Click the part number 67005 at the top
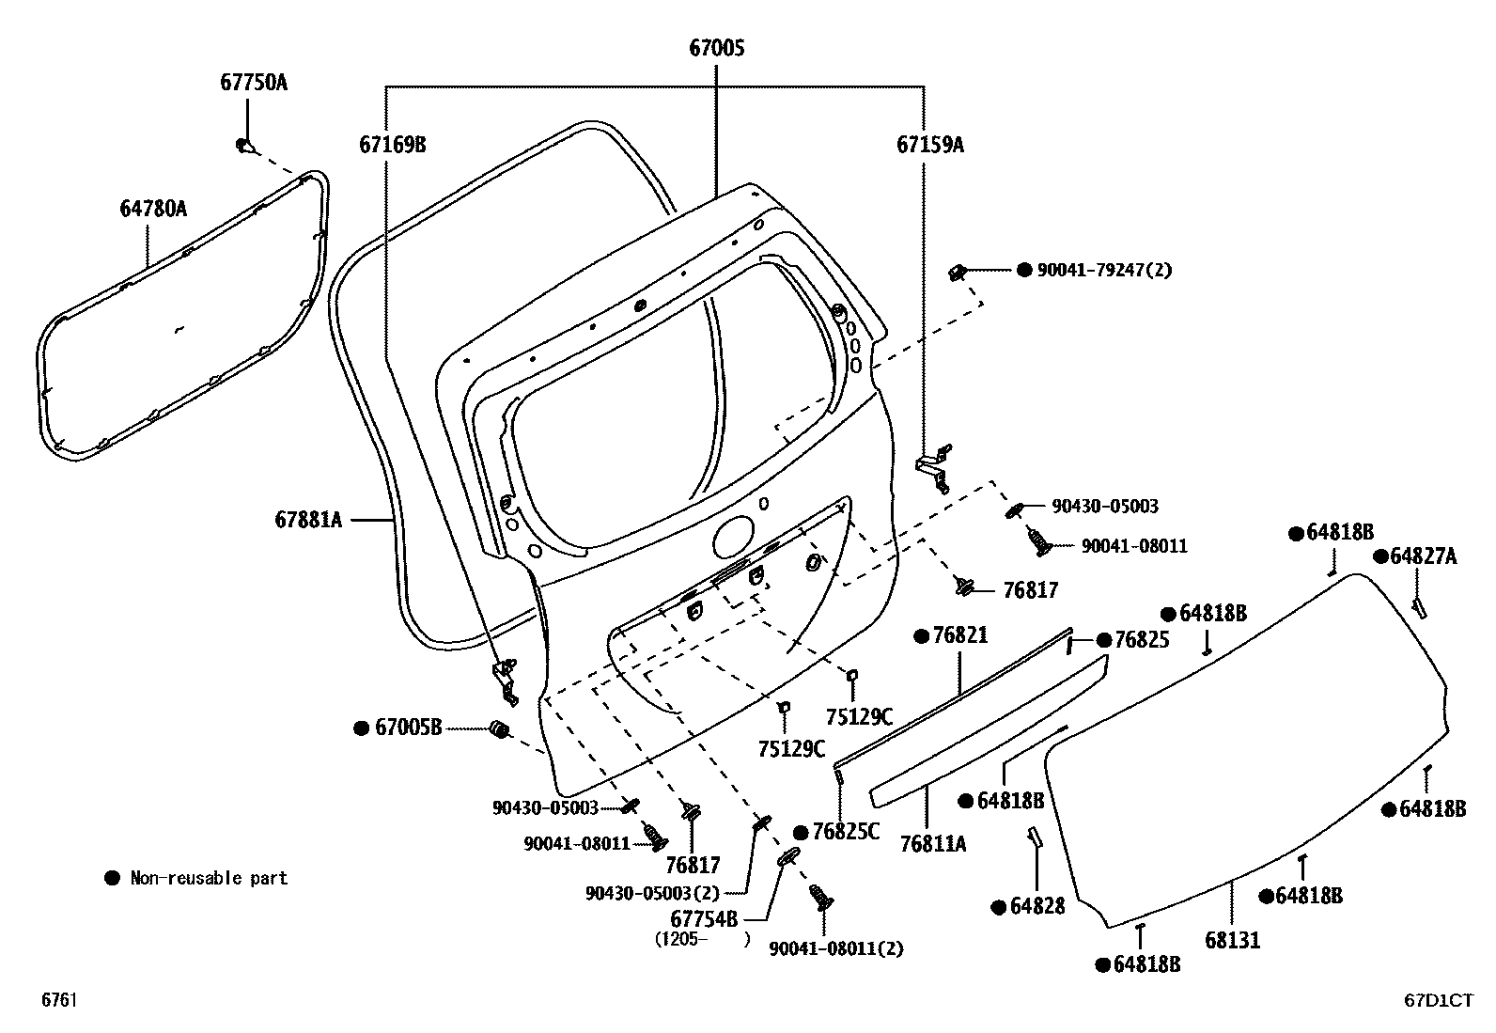click(x=716, y=48)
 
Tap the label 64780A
click(x=152, y=209)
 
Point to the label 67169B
click(x=392, y=145)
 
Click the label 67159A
click(x=929, y=145)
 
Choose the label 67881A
click(x=308, y=519)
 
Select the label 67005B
click(x=408, y=728)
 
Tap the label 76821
click(x=959, y=636)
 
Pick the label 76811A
click(x=932, y=844)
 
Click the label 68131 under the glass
click(x=1232, y=940)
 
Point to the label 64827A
click(x=1423, y=556)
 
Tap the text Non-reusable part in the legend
click(x=208, y=879)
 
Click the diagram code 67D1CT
click(x=1439, y=1002)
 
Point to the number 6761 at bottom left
click(x=58, y=1002)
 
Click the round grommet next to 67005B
click(x=500, y=728)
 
